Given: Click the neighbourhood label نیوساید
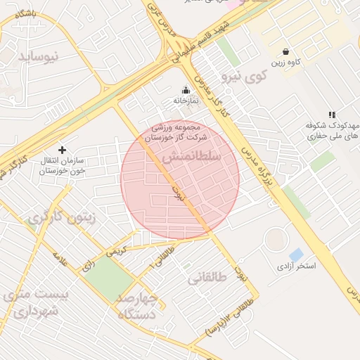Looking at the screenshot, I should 41,55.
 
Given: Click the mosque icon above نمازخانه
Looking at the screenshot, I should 186,90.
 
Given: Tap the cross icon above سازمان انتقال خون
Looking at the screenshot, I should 62,150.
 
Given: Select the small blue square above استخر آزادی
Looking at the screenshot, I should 297,254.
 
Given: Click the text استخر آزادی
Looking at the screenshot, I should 296,266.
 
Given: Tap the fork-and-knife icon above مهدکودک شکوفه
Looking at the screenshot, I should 332,114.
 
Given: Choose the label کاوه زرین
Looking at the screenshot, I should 288,63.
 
